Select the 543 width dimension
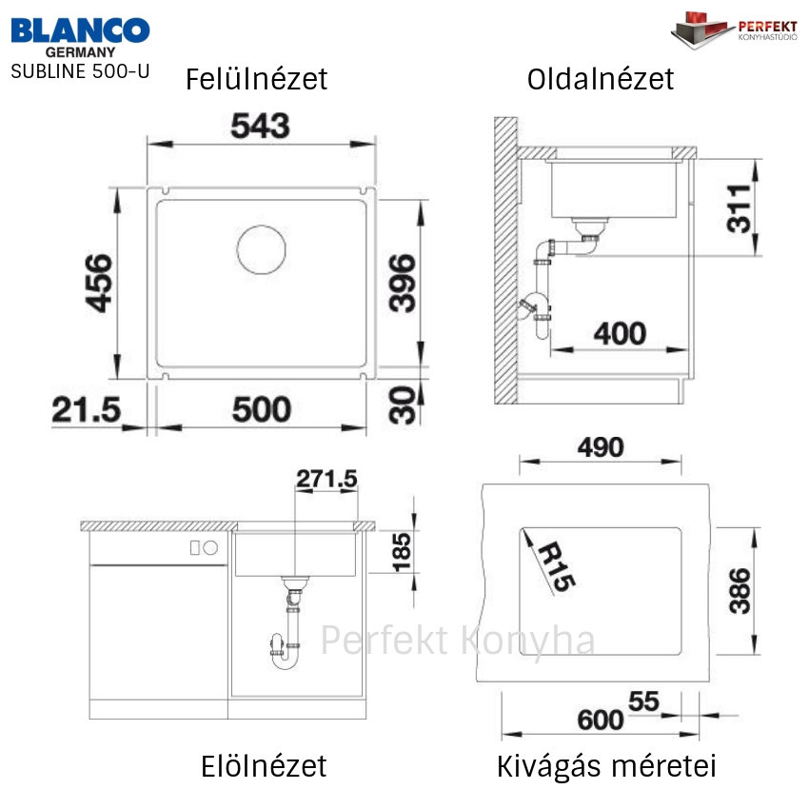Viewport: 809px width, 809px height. (x=260, y=126)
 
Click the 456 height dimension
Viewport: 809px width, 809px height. (x=99, y=284)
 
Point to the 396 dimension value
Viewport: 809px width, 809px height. (x=402, y=284)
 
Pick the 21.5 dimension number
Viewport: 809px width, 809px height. (x=87, y=409)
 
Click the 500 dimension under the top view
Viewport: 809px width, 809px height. (x=262, y=409)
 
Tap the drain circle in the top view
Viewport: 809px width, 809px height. (x=261, y=249)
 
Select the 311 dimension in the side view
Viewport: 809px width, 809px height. (x=738, y=208)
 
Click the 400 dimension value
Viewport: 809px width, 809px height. (x=620, y=334)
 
